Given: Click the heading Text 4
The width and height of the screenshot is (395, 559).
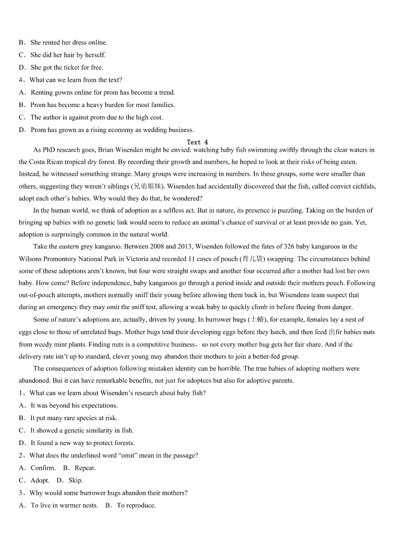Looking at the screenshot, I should coord(197,142).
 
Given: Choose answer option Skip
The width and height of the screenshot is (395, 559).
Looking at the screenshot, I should coord(75,480).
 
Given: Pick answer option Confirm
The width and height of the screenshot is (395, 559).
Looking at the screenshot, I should coord(43,468).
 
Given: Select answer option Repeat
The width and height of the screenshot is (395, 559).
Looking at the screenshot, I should coord(85,468).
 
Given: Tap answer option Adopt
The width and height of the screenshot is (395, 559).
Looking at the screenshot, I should coord(40,480).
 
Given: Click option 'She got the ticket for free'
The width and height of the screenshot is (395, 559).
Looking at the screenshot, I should coord(67,68).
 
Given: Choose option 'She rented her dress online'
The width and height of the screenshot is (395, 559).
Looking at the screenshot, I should coord(69,43).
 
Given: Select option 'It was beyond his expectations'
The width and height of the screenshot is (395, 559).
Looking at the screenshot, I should coord(74,406).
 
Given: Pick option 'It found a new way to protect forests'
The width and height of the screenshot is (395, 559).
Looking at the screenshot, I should coord(82,443).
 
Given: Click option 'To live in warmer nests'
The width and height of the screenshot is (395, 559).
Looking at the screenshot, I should coord(64,505).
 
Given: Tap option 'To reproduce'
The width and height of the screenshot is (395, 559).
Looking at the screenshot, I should coord(136,505).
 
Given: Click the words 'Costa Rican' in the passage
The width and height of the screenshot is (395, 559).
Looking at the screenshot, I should coord(49,162).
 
